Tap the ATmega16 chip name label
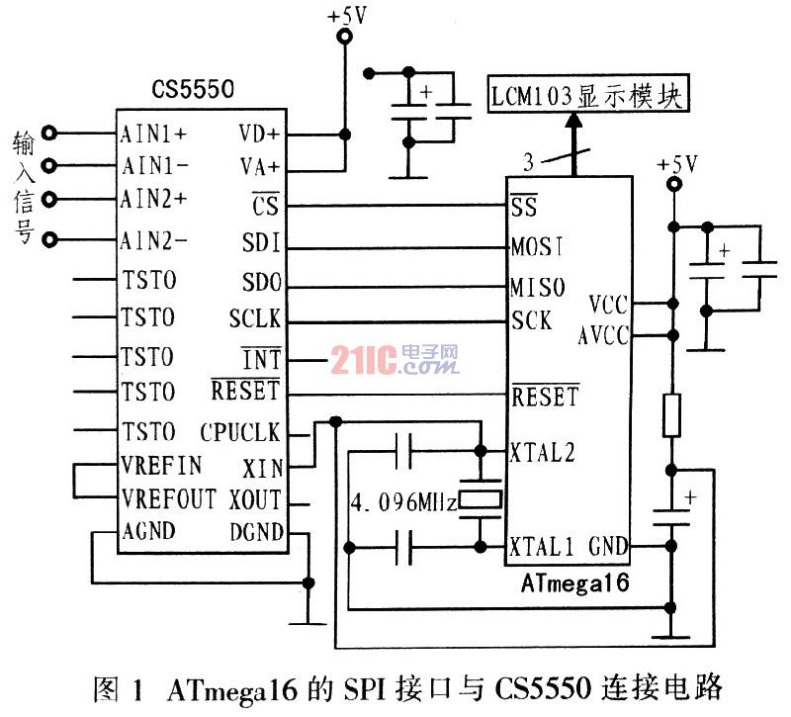click(574, 583)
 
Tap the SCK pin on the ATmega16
click(532, 321)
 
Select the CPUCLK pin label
click(240, 432)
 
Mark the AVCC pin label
click(603, 336)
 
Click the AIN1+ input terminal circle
click(52, 133)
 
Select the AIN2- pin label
click(153, 239)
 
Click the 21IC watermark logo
click(395, 359)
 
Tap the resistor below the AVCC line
click(673, 415)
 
